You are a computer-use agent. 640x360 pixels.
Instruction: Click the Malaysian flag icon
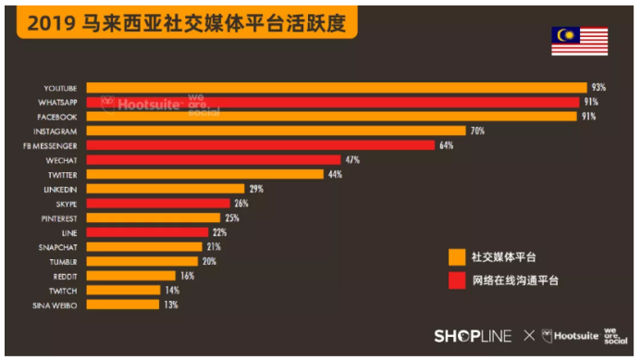click(x=579, y=40)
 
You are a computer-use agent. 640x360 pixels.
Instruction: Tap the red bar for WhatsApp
click(x=333, y=103)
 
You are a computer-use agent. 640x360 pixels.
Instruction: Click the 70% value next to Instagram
click(x=477, y=131)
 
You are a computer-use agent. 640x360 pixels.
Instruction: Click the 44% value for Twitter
click(x=335, y=174)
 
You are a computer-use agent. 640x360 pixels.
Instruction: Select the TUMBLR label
click(x=64, y=261)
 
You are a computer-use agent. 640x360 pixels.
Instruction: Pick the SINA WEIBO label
click(x=58, y=304)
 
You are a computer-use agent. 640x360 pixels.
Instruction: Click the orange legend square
click(x=455, y=256)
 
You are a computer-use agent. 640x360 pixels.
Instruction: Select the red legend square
click(x=455, y=279)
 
